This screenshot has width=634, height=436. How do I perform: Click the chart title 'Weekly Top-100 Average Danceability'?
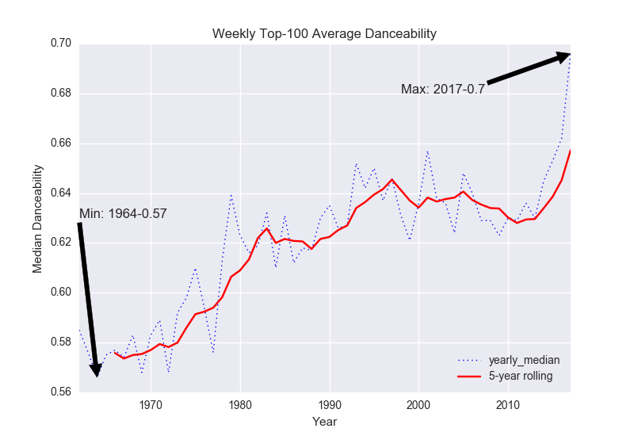tap(324, 34)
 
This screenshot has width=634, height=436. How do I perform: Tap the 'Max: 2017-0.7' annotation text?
tap(442, 89)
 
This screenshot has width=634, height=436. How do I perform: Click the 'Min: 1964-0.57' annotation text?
tap(123, 213)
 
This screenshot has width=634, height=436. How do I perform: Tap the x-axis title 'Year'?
tap(324, 420)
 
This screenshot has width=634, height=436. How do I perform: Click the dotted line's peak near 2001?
tap(427, 151)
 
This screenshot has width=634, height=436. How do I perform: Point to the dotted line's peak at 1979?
tap(231, 193)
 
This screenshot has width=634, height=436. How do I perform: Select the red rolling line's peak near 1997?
tap(391, 179)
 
